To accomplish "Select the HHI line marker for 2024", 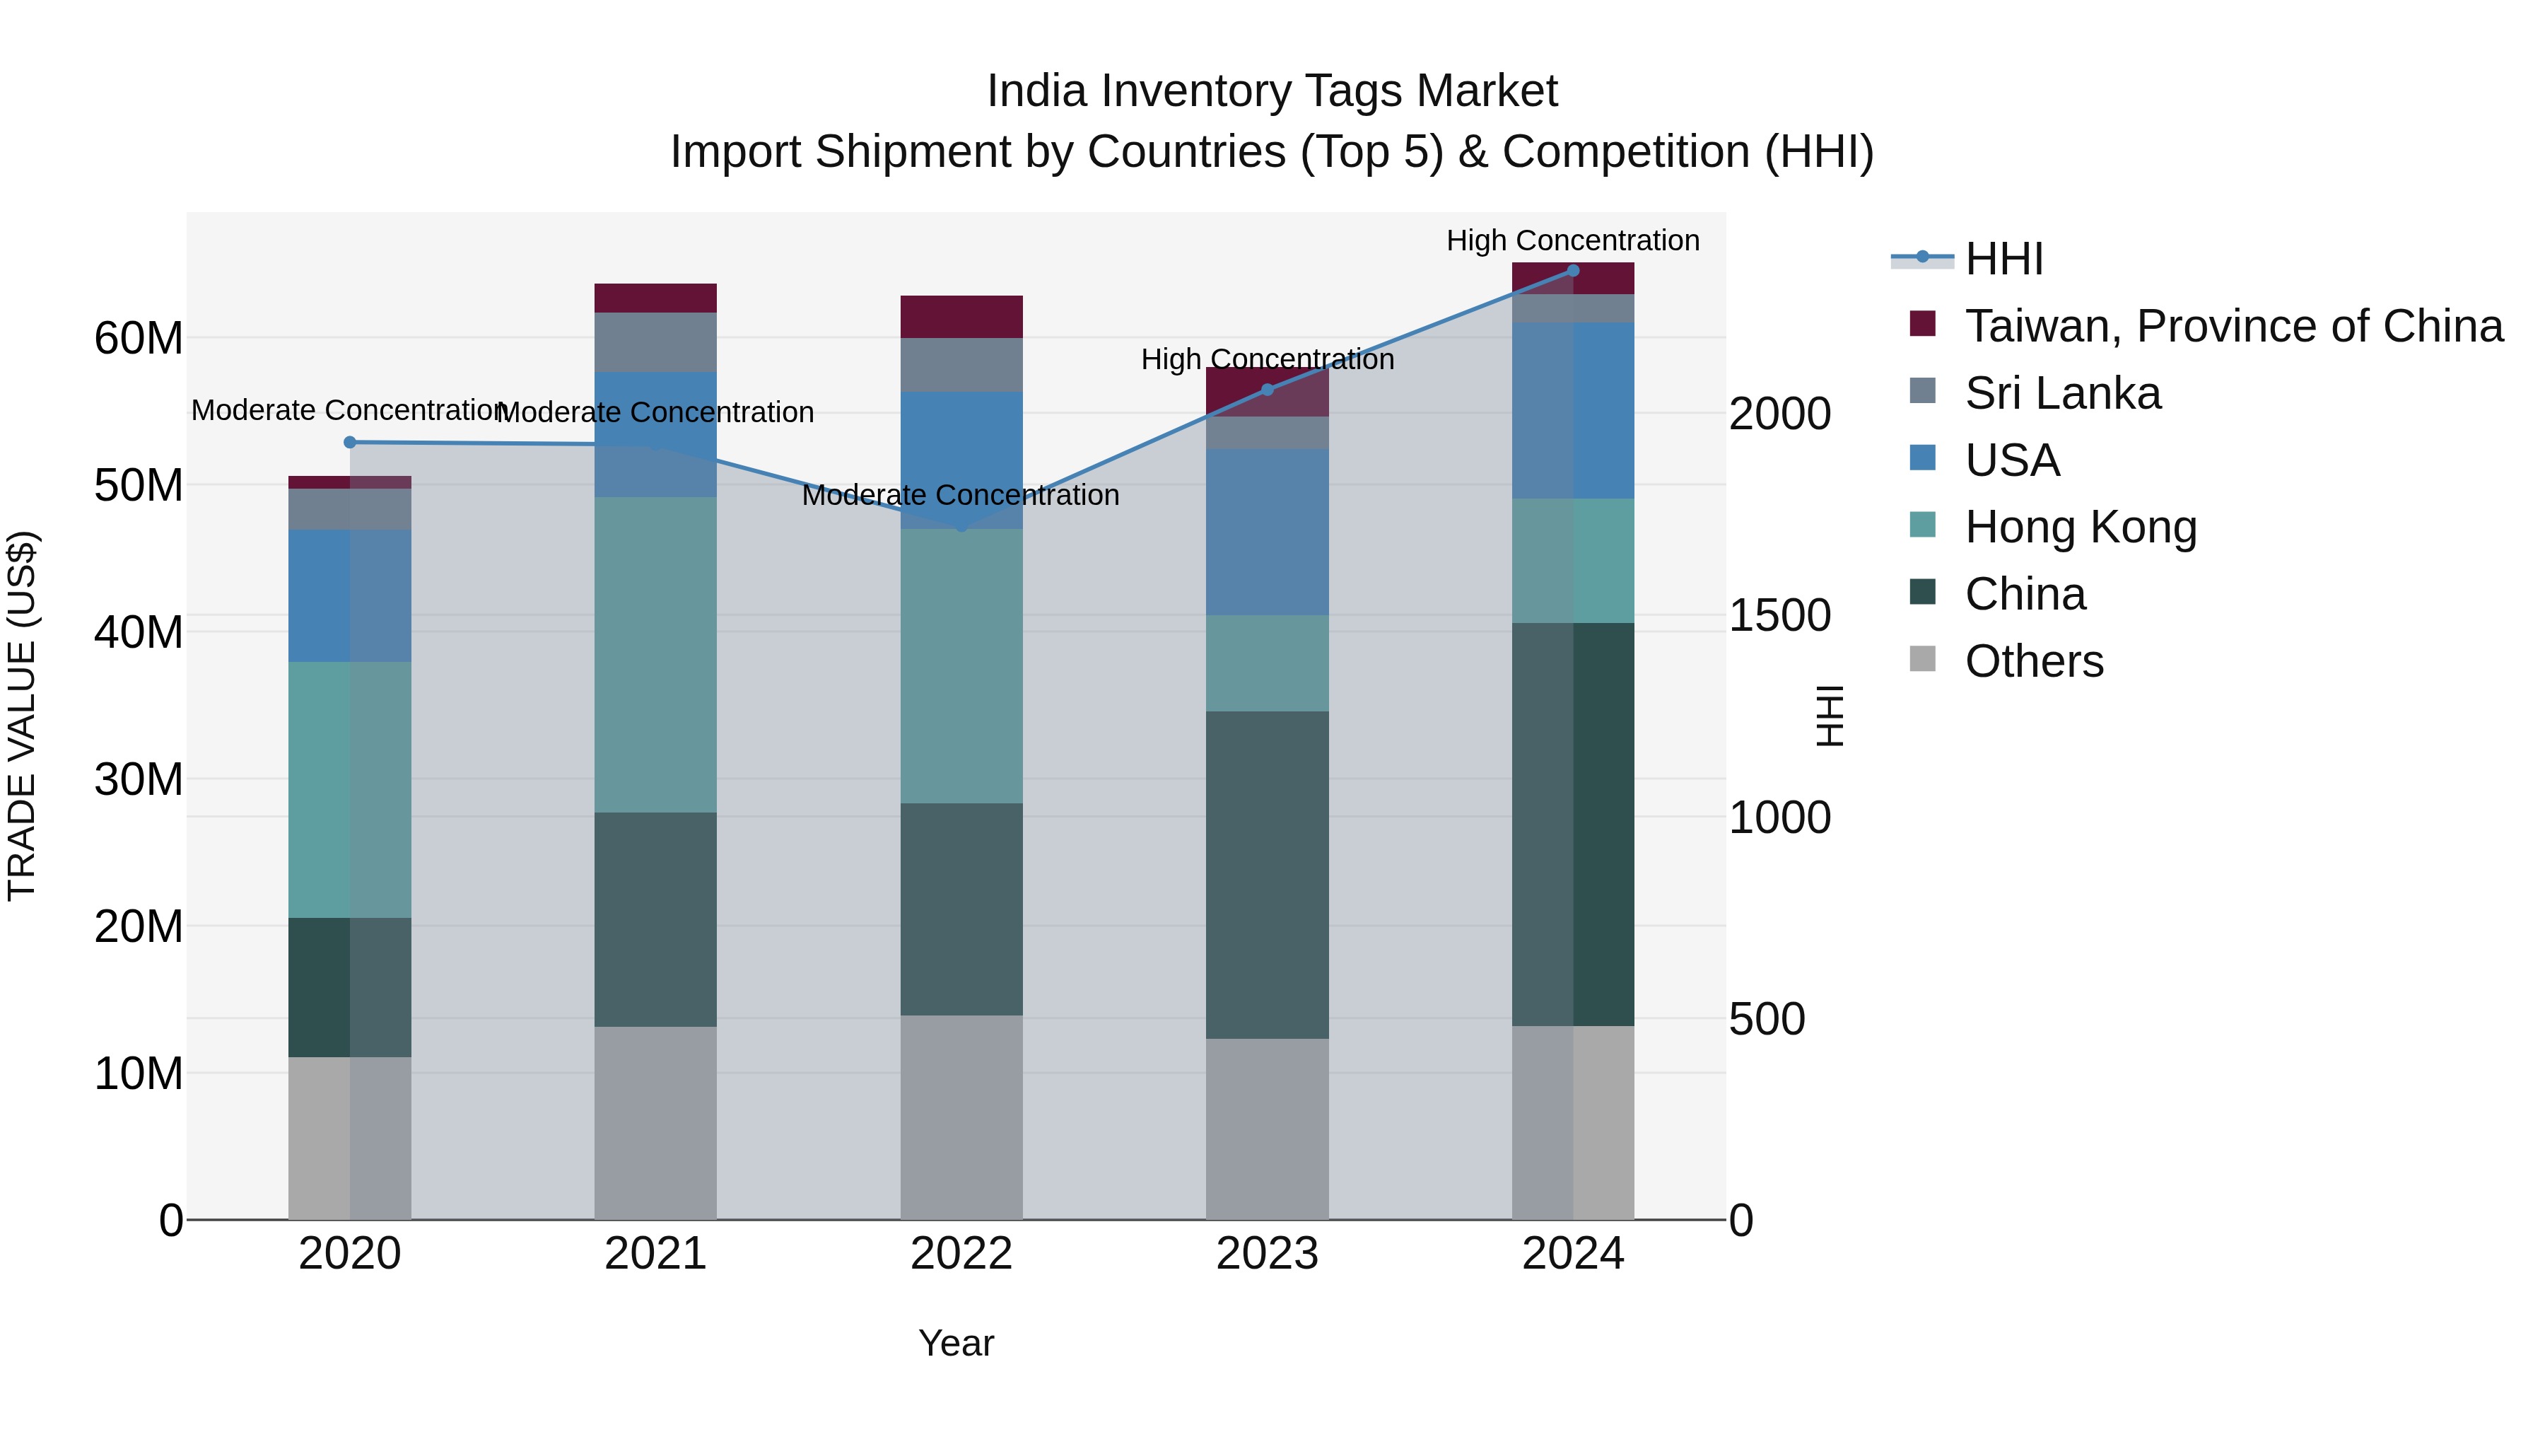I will coord(1573,271).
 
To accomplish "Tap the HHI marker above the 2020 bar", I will coord(350,443).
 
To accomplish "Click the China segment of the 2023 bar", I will coord(1267,875).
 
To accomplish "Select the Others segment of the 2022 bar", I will coord(961,1117).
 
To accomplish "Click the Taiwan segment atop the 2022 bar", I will coord(961,316).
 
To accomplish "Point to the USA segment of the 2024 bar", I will coord(1573,410).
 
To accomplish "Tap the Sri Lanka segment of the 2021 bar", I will coord(655,342).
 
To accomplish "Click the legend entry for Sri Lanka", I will coord(2062,393).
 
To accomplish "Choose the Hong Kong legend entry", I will coord(2080,527).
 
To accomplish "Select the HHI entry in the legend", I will coord(2003,259).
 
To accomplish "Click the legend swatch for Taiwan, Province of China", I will coord(1923,324).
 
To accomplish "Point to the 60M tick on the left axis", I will coord(139,339).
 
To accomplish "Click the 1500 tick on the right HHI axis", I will coord(1779,616).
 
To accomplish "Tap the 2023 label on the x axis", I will coord(1267,1254).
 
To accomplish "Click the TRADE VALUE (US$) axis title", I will coord(22,716).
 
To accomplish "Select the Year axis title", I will coord(955,1343).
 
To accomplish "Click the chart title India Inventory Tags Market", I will coord(1272,91).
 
